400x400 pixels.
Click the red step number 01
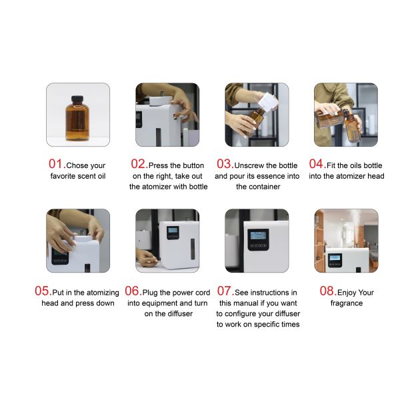coord(55,164)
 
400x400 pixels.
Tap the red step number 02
coord(139,164)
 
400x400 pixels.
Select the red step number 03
coord(224,164)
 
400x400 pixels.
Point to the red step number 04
coord(317,164)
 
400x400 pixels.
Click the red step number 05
coord(43,291)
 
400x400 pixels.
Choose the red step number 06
coord(132,291)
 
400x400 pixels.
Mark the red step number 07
coord(224,291)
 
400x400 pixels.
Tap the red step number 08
coord(327,291)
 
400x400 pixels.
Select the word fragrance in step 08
coord(346,303)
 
